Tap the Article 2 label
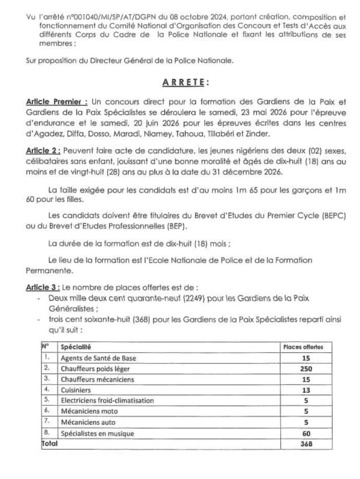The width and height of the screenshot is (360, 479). click(x=43, y=151)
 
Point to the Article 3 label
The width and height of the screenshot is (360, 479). click(x=43, y=286)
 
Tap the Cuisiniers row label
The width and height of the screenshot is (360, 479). click(x=76, y=389)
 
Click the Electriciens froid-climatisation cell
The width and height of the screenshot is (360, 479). click(x=107, y=400)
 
